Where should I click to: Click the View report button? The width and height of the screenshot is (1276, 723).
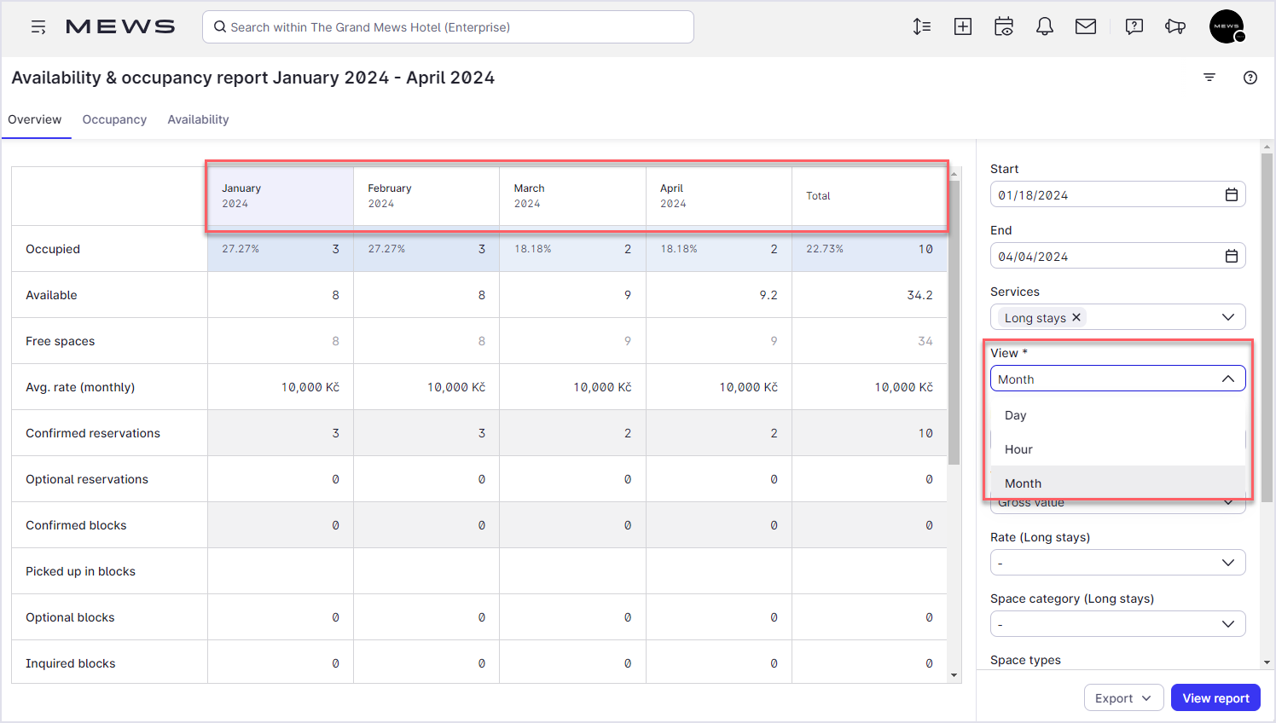1215,698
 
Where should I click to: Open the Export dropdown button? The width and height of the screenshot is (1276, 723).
1123,698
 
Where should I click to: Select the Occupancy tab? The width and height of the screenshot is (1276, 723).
114,119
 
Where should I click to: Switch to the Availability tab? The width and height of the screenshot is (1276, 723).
198,119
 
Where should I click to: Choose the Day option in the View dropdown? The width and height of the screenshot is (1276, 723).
1015,415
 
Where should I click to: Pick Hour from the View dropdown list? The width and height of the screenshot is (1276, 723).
1018,449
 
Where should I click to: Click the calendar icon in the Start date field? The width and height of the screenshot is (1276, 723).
1231,194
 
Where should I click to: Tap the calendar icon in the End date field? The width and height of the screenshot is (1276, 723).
1231,256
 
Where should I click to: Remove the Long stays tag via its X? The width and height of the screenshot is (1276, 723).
1076,317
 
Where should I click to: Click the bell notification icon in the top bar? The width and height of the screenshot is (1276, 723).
1044,26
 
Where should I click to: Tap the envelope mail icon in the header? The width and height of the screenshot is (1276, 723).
1085,26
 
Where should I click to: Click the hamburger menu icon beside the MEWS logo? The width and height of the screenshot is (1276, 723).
38,26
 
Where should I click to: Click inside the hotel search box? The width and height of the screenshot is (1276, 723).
448,26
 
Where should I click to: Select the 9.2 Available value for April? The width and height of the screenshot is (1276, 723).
768,295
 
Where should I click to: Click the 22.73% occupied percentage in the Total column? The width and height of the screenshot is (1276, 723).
824,249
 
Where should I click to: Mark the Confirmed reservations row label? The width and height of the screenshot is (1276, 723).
93,433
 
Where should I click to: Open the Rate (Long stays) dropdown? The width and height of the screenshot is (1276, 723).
1117,563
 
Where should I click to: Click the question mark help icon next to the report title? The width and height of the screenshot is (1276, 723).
1250,78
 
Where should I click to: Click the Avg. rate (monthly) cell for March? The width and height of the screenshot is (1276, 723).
602,387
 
